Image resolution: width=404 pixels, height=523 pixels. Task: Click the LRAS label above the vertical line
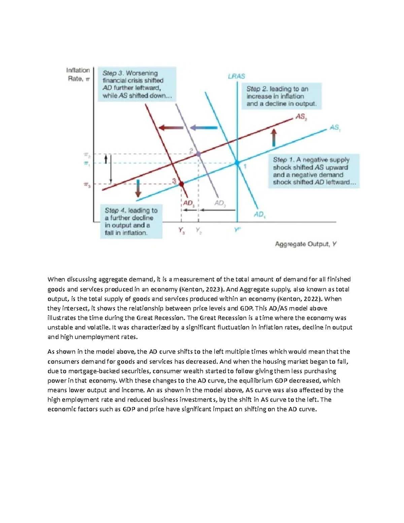pyautogui.click(x=236, y=76)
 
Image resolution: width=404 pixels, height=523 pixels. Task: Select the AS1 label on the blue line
pyautogui.click(x=335, y=128)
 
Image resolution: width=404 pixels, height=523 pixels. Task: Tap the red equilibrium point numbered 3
pyautogui.click(x=181, y=184)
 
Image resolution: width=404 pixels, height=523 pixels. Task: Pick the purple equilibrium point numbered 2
pyautogui.click(x=198, y=154)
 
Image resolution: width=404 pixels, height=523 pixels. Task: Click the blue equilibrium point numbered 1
pyautogui.click(x=237, y=163)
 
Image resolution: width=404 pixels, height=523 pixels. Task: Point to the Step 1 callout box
pyautogui.click(x=314, y=171)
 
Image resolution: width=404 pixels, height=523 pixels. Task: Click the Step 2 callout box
pyautogui.click(x=281, y=96)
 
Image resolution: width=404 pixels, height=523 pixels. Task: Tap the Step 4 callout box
pyautogui.click(x=131, y=221)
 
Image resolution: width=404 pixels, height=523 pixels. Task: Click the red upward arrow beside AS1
pyautogui.click(x=274, y=137)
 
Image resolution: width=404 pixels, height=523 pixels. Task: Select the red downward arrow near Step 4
pyautogui.click(x=138, y=188)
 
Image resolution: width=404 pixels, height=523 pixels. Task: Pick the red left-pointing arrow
pyautogui.click(x=171, y=128)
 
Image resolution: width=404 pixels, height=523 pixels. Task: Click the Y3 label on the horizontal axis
pyautogui.click(x=181, y=231)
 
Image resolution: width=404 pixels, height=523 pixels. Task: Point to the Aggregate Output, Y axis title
pyautogui.click(x=306, y=244)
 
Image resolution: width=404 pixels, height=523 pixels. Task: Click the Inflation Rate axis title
pyautogui.click(x=78, y=74)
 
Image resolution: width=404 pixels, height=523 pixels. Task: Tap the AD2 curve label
pyautogui.click(x=220, y=203)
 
